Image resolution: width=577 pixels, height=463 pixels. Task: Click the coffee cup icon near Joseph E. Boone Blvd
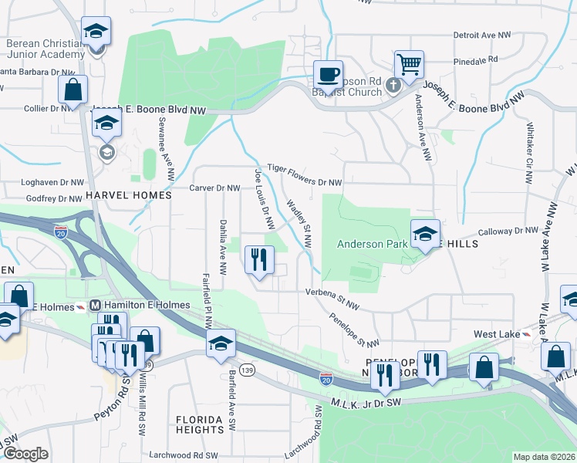coord(329,74)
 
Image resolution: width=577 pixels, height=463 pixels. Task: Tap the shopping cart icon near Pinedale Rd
coord(409,64)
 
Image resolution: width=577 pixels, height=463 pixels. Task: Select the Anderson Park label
coord(371,244)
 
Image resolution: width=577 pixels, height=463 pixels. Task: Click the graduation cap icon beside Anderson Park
coord(424,234)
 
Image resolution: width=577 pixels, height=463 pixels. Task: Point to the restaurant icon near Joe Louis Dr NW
coord(259,259)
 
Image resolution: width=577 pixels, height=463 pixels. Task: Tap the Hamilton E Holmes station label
coord(146,305)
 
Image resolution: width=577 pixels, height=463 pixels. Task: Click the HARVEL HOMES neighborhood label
coord(129,196)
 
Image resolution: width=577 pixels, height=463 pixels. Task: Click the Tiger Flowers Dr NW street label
coord(304,174)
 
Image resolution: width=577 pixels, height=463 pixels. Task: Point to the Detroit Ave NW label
coord(482,35)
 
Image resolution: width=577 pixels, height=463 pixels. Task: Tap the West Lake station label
coord(496,333)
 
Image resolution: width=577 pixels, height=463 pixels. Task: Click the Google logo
coord(25,454)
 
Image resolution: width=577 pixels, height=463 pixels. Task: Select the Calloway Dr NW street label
coord(508,231)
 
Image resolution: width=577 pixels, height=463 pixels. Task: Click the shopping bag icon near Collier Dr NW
coord(73,89)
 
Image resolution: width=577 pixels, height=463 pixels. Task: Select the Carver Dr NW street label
coord(215,188)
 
